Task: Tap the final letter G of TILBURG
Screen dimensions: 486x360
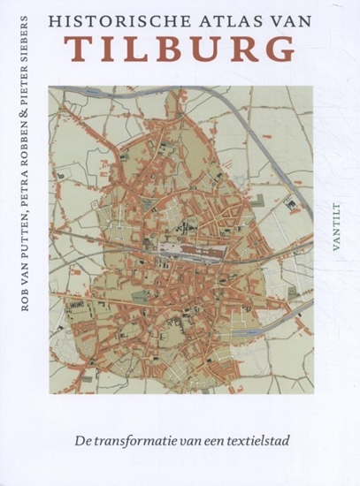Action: point(280,49)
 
